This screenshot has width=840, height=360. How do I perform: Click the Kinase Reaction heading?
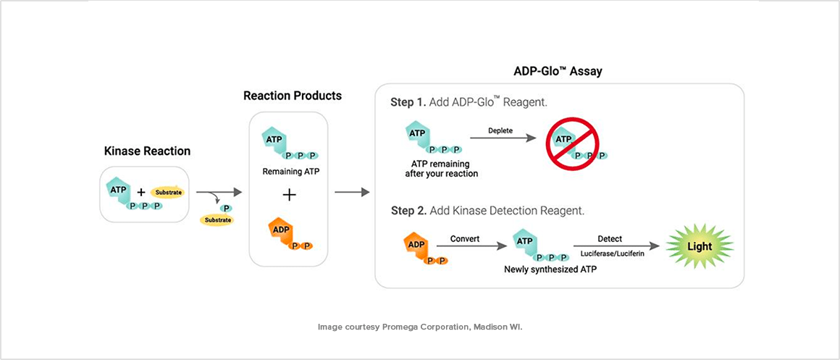[x=146, y=151]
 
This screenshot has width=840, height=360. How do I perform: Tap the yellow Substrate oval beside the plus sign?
[x=168, y=193]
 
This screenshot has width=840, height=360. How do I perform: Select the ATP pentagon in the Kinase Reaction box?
[x=118, y=189]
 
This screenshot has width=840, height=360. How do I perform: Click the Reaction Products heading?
[x=292, y=96]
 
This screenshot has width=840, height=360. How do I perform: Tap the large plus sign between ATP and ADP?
[x=289, y=194]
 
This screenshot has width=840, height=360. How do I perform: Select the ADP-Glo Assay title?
[x=558, y=71]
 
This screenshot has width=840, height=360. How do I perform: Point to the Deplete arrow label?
[x=500, y=132]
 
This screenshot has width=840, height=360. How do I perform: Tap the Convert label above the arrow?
[x=465, y=238]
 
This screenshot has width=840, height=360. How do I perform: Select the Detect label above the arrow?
[x=609, y=238]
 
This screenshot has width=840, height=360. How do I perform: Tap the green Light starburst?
[x=699, y=246]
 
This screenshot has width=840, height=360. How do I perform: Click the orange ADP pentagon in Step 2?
[x=416, y=245]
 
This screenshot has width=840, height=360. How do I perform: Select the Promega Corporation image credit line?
[x=420, y=327]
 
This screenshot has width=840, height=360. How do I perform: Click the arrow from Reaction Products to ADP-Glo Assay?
[x=352, y=193]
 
